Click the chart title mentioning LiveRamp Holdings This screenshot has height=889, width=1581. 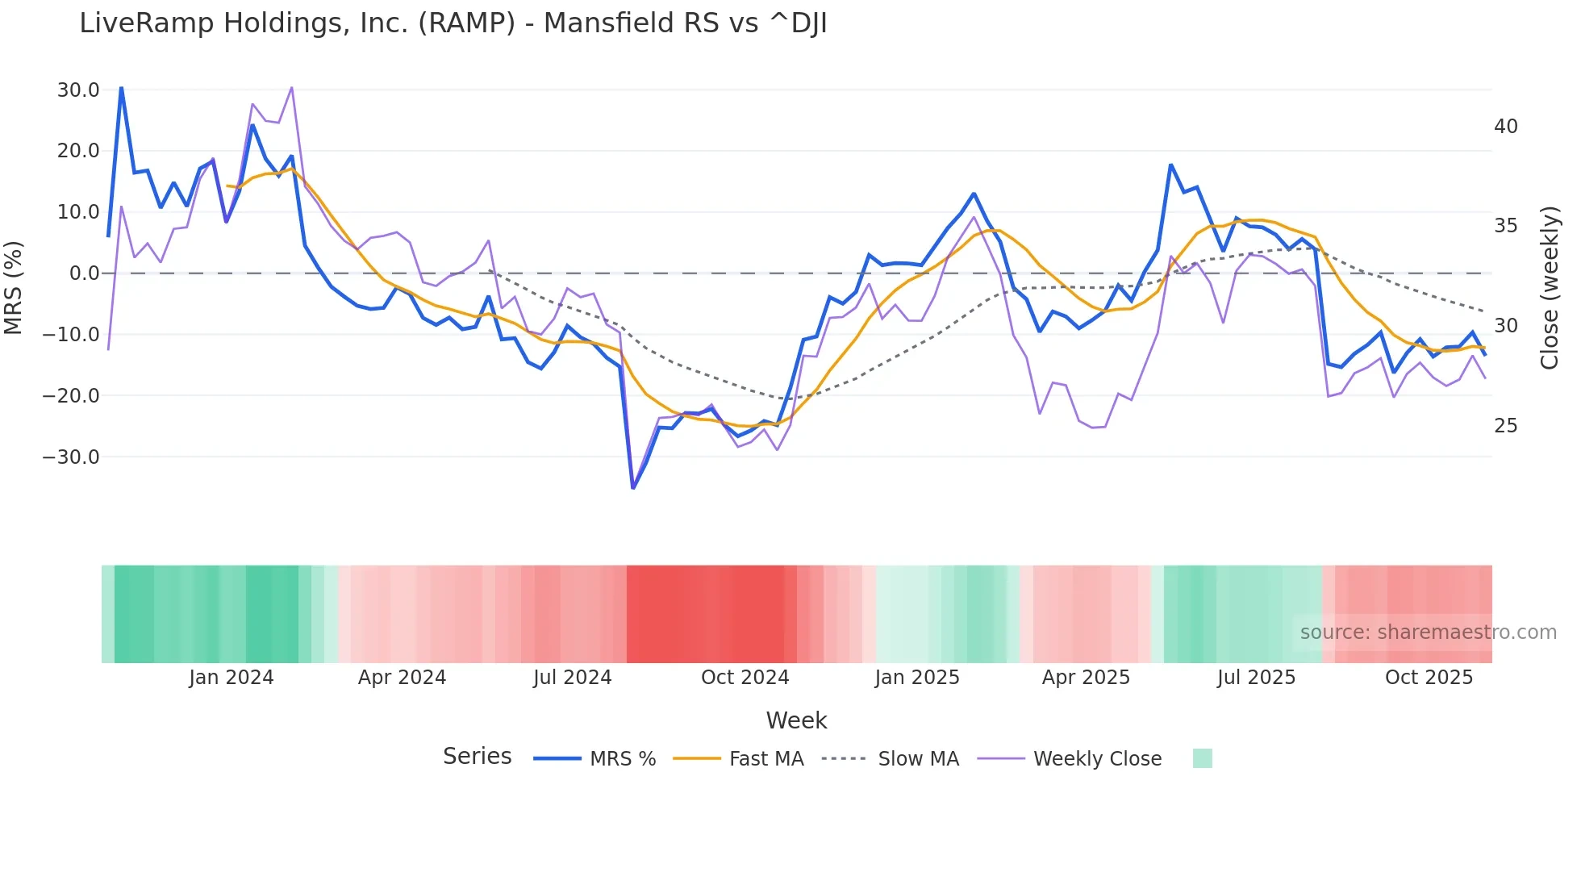click(453, 23)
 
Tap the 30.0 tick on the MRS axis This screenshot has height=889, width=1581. click(78, 90)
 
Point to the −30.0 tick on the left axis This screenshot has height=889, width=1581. click(71, 457)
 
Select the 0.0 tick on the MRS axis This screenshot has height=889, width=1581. click(84, 273)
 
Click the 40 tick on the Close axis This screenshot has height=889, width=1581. click(1505, 127)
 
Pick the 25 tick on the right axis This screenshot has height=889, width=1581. click(1505, 426)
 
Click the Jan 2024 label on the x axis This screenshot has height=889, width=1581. click(232, 678)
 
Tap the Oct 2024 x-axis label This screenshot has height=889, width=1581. click(745, 678)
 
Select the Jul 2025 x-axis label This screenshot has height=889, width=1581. click(1256, 678)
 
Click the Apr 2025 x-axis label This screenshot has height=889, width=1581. click(1086, 678)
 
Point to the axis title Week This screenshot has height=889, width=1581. click(796, 720)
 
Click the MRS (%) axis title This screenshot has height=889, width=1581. click(14, 287)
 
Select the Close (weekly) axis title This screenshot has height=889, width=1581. click(1549, 288)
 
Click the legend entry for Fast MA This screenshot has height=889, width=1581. click(765, 759)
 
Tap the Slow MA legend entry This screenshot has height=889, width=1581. click(918, 759)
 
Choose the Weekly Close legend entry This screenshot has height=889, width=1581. click(1097, 759)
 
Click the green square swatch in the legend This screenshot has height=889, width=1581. click(1202, 758)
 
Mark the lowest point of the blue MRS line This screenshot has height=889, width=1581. click(633, 487)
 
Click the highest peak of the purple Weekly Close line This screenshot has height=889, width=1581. click(291, 87)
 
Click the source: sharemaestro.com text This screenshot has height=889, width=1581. click(1428, 632)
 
